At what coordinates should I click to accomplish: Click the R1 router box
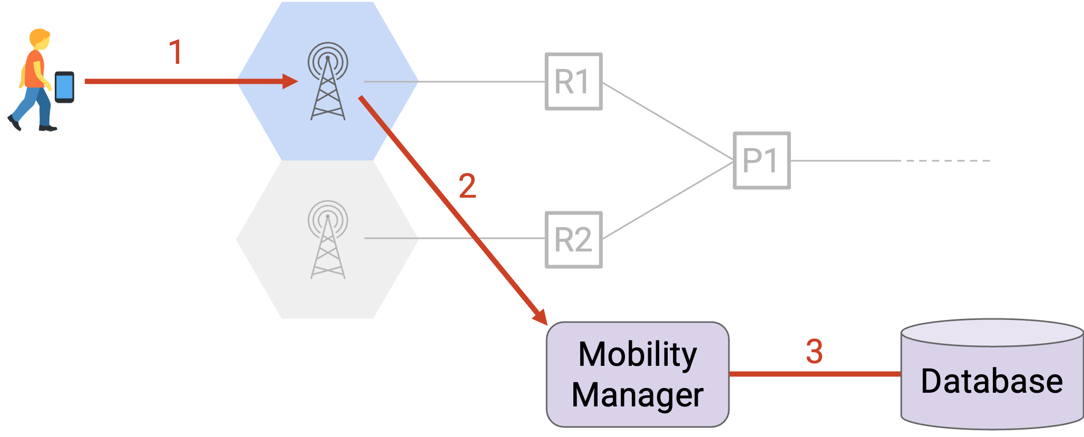click(573, 81)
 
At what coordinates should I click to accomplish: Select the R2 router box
click(573, 240)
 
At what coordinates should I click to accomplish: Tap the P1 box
click(761, 160)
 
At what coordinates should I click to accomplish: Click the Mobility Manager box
click(638, 374)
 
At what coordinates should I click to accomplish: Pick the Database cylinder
click(992, 374)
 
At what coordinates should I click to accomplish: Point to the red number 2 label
click(467, 186)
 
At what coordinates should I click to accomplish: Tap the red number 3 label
click(814, 351)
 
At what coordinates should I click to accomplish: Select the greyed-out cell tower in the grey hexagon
click(328, 239)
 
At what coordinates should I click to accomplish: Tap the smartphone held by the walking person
click(64, 87)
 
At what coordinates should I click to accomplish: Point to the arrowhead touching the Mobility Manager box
click(541, 317)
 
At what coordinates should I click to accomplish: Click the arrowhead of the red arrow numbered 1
click(290, 81)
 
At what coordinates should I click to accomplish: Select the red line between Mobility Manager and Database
click(815, 374)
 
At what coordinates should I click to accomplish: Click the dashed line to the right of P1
click(948, 160)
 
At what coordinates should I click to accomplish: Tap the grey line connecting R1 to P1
click(668, 121)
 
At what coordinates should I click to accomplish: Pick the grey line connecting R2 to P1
click(668, 200)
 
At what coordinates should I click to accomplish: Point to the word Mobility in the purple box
click(638, 355)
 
